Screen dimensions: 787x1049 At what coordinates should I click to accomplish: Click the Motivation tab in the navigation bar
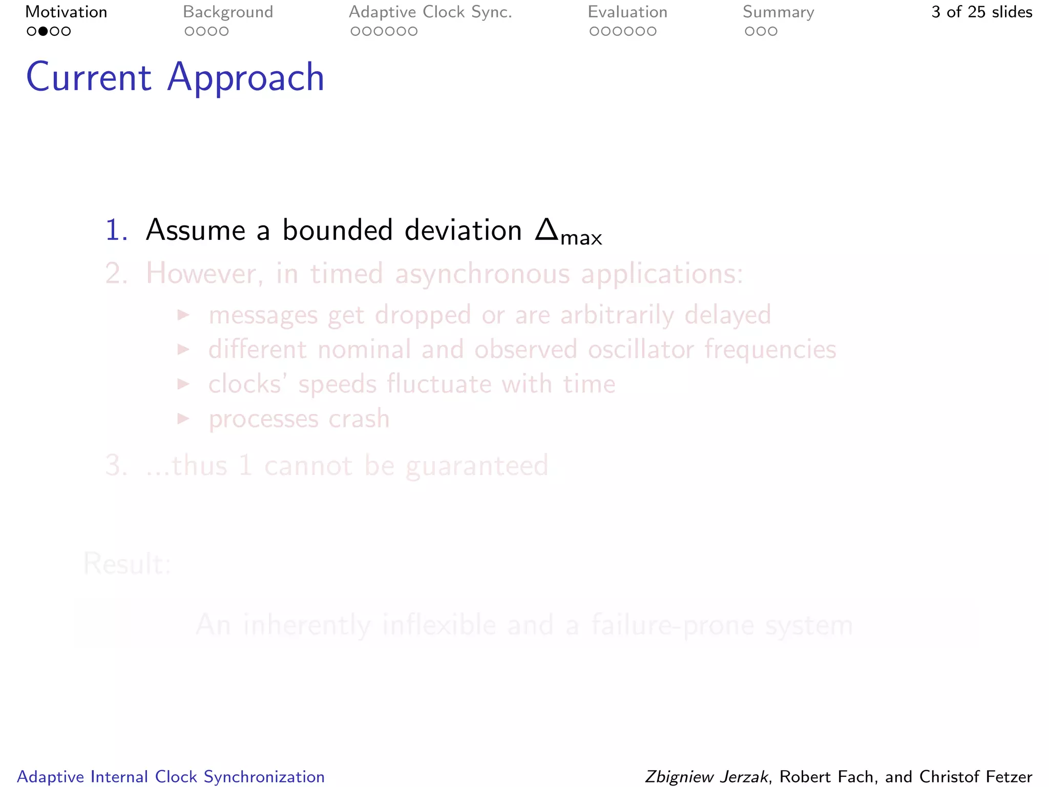pyautogui.click(x=66, y=12)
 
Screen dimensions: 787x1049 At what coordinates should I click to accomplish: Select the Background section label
pyautogui.click(x=228, y=12)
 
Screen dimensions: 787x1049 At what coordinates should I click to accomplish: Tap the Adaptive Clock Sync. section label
pyautogui.click(x=430, y=12)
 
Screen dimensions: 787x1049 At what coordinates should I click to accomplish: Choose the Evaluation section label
pyautogui.click(x=627, y=12)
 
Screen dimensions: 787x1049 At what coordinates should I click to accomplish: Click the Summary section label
pyautogui.click(x=778, y=12)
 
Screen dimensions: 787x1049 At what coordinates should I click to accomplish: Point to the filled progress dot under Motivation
pyautogui.click(x=43, y=31)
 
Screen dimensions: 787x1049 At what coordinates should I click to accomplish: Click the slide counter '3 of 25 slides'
pyautogui.click(x=981, y=12)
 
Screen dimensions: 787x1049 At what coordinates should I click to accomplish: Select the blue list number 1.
pyautogui.click(x=116, y=230)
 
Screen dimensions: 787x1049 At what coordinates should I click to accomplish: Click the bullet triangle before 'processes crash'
pyautogui.click(x=183, y=418)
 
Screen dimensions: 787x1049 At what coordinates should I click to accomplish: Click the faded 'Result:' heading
pyautogui.click(x=127, y=564)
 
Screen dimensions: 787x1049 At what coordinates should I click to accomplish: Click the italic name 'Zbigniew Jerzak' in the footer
pyautogui.click(x=706, y=777)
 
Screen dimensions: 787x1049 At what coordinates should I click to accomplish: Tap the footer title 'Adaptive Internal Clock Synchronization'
pyautogui.click(x=171, y=777)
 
